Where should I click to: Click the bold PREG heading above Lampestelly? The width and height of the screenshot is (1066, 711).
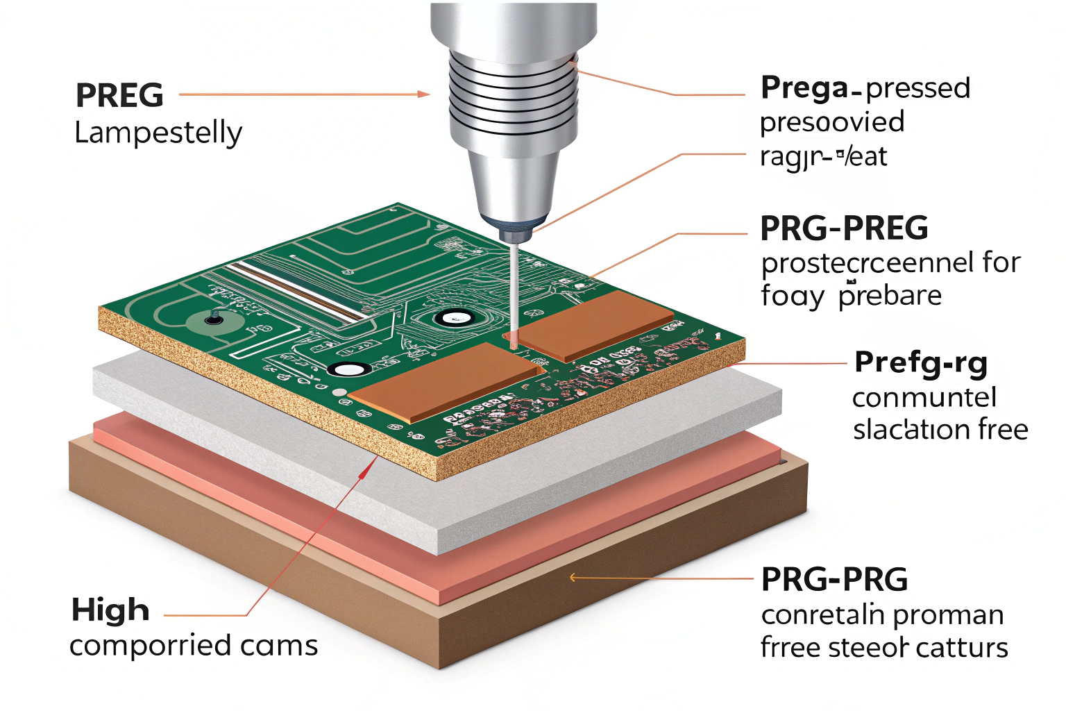pyautogui.click(x=119, y=96)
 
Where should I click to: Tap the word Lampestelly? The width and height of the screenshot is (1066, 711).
pyautogui.click(x=158, y=132)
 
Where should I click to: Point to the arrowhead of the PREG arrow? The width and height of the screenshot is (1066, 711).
pyautogui.click(x=424, y=94)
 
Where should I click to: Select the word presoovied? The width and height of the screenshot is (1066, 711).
pyautogui.click(x=832, y=123)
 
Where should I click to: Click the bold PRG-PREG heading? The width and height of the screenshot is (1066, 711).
pyautogui.click(x=844, y=228)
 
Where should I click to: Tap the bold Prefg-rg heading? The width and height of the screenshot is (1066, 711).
pyautogui.click(x=921, y=362)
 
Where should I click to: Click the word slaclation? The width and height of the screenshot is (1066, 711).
pyautogui.click(x=911, y=430)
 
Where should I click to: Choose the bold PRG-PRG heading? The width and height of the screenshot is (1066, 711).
pyautogui.click(x=834, y=580)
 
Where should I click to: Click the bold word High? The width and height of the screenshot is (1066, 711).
pyautogui.click(x=110, y=610)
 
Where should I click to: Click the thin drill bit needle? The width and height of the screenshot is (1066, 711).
pyautogui.click(x=514, y=292)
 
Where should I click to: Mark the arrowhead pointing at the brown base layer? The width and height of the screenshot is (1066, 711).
pyautogui.click(x=573, y=577)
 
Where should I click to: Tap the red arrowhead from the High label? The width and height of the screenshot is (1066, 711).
pyautogui.click(x=363, y=471)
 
